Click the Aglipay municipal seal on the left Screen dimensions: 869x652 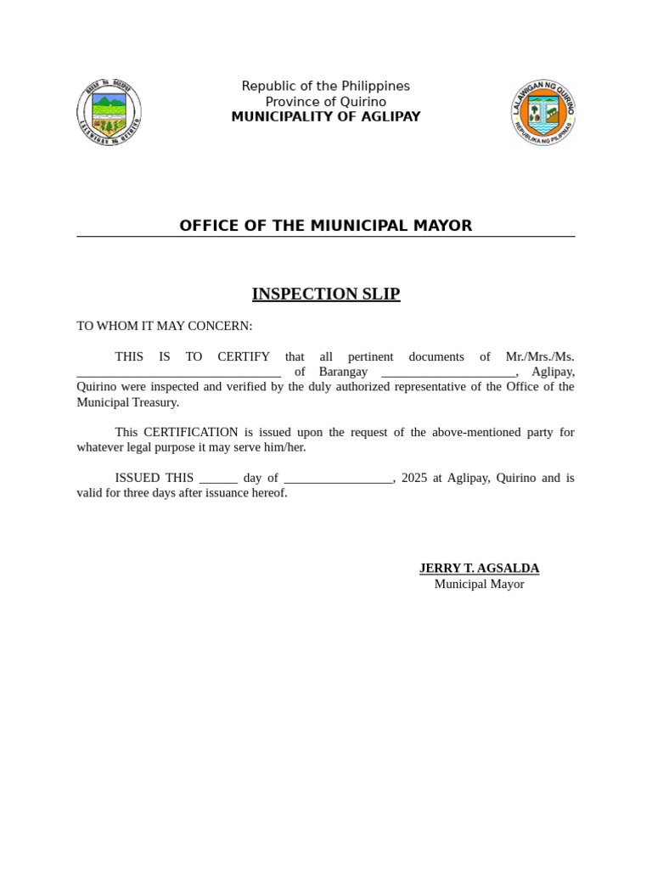click(109, 111)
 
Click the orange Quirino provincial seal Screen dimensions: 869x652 click(543, 111)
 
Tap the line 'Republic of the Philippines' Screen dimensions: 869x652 click(325, 87)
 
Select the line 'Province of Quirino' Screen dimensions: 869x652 click(325, 102)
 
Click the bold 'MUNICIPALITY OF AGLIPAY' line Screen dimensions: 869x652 click(325, 117)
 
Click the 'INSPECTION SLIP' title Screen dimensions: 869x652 click(325, 294)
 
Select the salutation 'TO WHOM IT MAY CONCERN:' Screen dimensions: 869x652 click(165, 326)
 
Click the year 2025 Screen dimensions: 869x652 click(414, 478)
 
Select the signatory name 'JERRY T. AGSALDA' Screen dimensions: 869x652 click(479, 569)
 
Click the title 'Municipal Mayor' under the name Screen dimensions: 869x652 click(479, 584)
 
